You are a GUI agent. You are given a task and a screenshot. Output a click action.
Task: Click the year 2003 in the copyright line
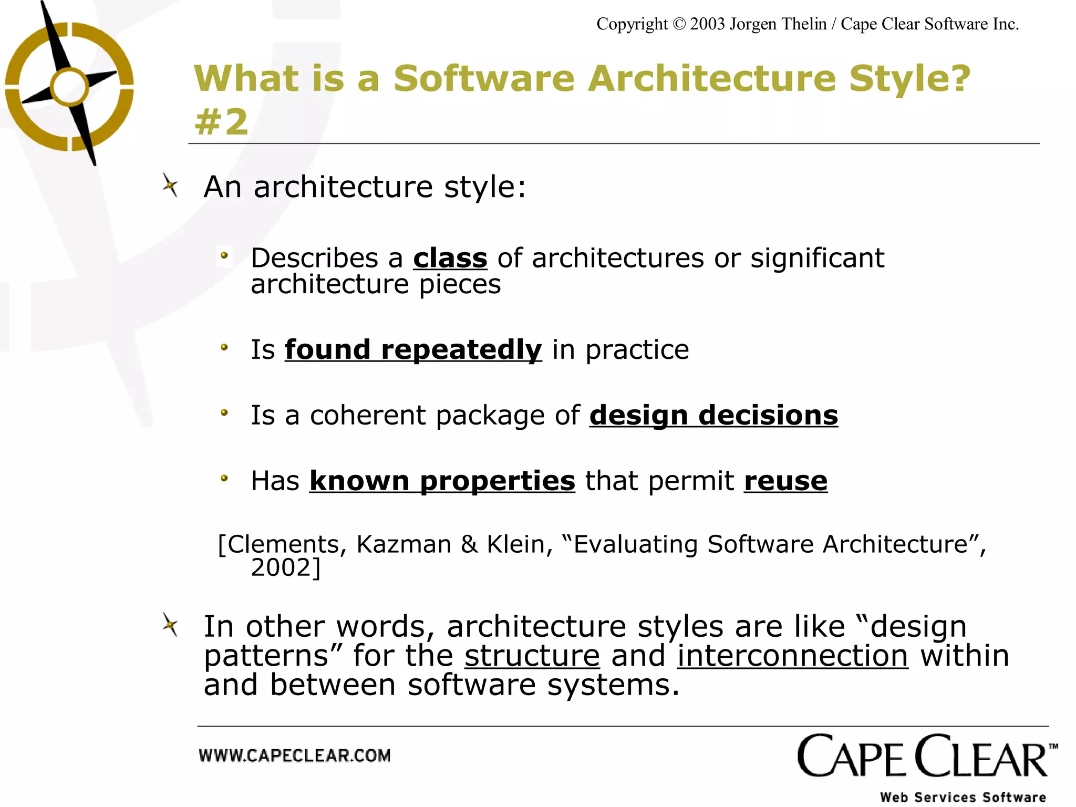tap(707, 24)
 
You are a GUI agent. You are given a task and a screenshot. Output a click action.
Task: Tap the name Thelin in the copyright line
tap(803, 24)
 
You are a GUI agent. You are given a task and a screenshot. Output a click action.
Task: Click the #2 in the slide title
tap(221, 122)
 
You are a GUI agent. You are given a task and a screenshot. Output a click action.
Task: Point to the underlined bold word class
tap(450, 258)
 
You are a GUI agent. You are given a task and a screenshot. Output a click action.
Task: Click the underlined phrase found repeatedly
tap(413, 350)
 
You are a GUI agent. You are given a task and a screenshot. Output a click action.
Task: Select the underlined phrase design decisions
tap(713, 416)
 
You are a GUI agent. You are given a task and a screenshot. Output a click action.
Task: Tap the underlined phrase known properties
tap(442, 481)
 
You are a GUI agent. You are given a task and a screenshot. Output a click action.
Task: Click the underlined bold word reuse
tap(785, 481)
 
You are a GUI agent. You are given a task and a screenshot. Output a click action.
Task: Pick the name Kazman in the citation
tap(403, 544)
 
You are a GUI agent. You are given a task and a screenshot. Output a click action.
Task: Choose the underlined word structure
tap(532, 656)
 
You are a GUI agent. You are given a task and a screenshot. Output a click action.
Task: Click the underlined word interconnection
tap(792, 656)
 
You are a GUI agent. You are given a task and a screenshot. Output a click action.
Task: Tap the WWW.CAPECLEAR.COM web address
tap(295, 756)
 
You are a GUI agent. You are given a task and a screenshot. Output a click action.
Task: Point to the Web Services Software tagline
tap(963, 797)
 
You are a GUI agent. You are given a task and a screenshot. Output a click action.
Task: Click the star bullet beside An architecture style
tap(170, 185)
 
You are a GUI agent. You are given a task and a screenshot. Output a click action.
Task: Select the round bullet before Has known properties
tap(224, 479)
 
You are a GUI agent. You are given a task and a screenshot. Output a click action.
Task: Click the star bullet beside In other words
tap(170, 625)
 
